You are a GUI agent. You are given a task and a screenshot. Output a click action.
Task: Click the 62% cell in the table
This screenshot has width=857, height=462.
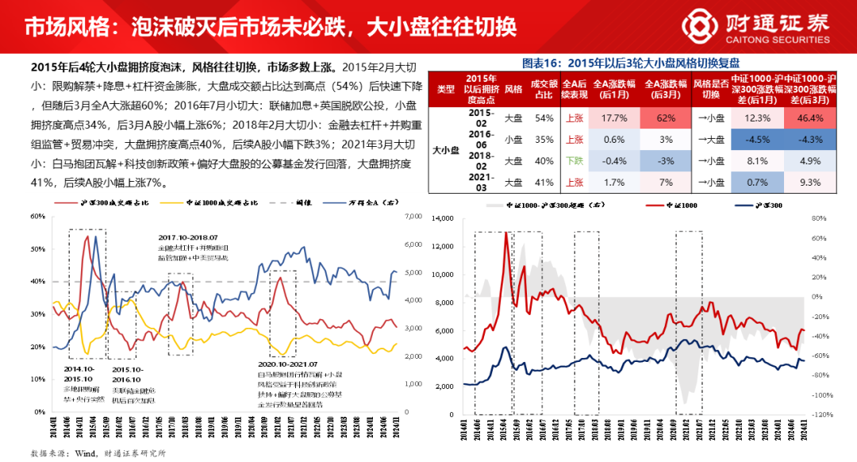[664, 118]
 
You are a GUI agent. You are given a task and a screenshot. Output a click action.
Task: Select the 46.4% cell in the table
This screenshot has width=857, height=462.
[811, 118]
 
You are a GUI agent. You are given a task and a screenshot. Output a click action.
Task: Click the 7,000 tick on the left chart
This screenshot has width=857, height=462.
[413, 217]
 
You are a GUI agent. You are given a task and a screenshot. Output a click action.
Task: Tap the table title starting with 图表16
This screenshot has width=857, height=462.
[631, 63]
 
